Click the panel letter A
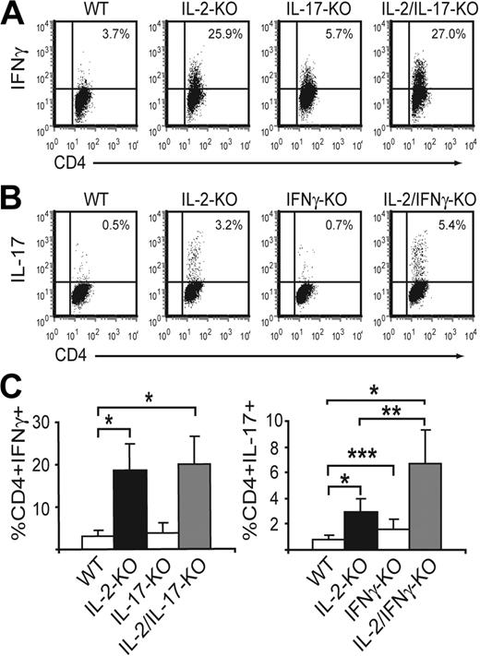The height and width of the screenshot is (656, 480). [x=14, y=12]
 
